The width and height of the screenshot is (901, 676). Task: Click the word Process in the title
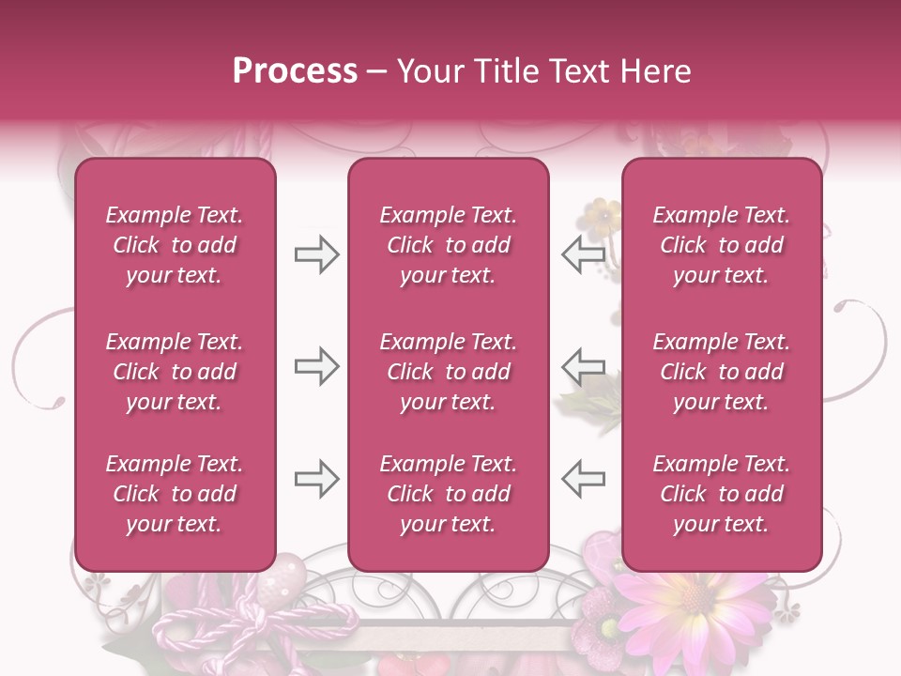coord(295,70)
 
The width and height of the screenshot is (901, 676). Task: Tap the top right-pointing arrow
coord(316,253)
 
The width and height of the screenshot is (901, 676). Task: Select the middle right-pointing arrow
coord(316,366)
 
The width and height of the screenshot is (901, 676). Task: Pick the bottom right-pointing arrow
coord(316,479)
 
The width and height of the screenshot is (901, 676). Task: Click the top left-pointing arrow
coord(583,253)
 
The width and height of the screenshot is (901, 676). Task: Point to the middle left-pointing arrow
coord(583,366)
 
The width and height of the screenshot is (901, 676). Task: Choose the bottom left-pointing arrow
coord(583,479)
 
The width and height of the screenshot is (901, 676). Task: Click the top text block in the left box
coord(175,245)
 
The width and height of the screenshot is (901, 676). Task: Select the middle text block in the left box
coord(175,372)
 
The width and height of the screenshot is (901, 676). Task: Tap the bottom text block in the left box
coord(175,494)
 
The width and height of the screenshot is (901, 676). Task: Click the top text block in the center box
coord(448,245)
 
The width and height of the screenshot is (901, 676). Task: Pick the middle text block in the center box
coord(448,372)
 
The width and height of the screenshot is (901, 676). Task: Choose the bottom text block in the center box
coord(448,494)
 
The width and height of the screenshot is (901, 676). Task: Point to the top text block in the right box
coord(721,245)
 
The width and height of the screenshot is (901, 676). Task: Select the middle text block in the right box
coord(721,372)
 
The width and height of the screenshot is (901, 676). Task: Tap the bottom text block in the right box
coord(721,494)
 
